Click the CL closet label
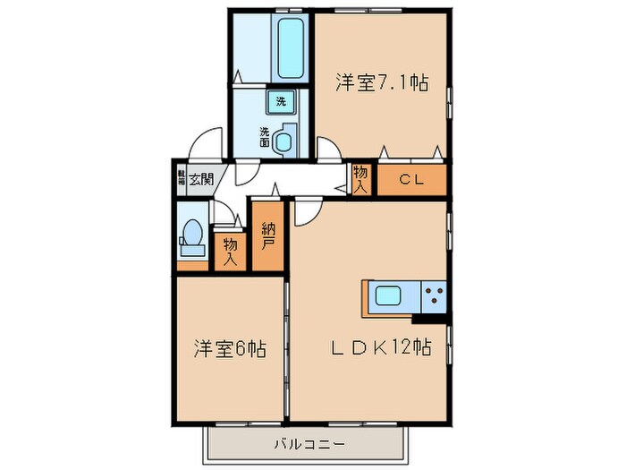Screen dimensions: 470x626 (x=410, y=180)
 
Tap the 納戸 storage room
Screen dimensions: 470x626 (x=268, y=235)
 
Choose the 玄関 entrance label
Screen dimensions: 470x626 (x=200, y=178)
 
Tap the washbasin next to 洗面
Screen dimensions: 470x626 (x=285, y=141)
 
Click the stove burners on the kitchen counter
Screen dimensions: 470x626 (x=434, y=296)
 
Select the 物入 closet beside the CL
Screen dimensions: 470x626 (x=360, y=179)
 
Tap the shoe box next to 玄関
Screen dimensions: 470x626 (x=181, y=177)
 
